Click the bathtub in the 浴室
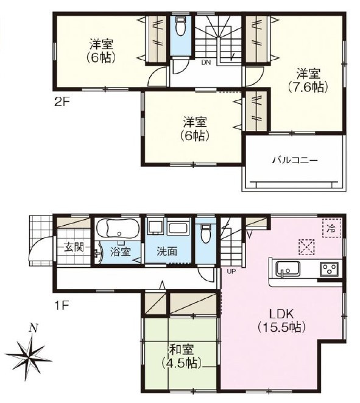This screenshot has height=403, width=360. coord(118,229)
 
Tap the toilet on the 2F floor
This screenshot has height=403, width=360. coord(180,26)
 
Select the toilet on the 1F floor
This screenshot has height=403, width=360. coord(205,233)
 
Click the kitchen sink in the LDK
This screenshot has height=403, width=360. coord(288,269)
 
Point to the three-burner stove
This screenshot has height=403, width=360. coord(329,269)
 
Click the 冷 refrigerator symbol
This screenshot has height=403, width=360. coord(331,228)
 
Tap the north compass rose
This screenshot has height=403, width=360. coord(28,356)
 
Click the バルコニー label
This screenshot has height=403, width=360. coord(295,161)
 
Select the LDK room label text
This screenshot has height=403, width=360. coord(281,314)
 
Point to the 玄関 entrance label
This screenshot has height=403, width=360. coord(74,248)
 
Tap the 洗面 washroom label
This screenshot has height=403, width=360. coord(167,251)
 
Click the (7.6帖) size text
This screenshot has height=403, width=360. coord(308,88)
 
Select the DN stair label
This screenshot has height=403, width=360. coord(206,63)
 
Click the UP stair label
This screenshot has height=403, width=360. coord(231,271)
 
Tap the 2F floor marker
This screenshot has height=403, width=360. coord(62,102)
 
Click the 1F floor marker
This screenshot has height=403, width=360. coord(62,305)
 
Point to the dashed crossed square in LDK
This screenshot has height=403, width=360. coord(306,247)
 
